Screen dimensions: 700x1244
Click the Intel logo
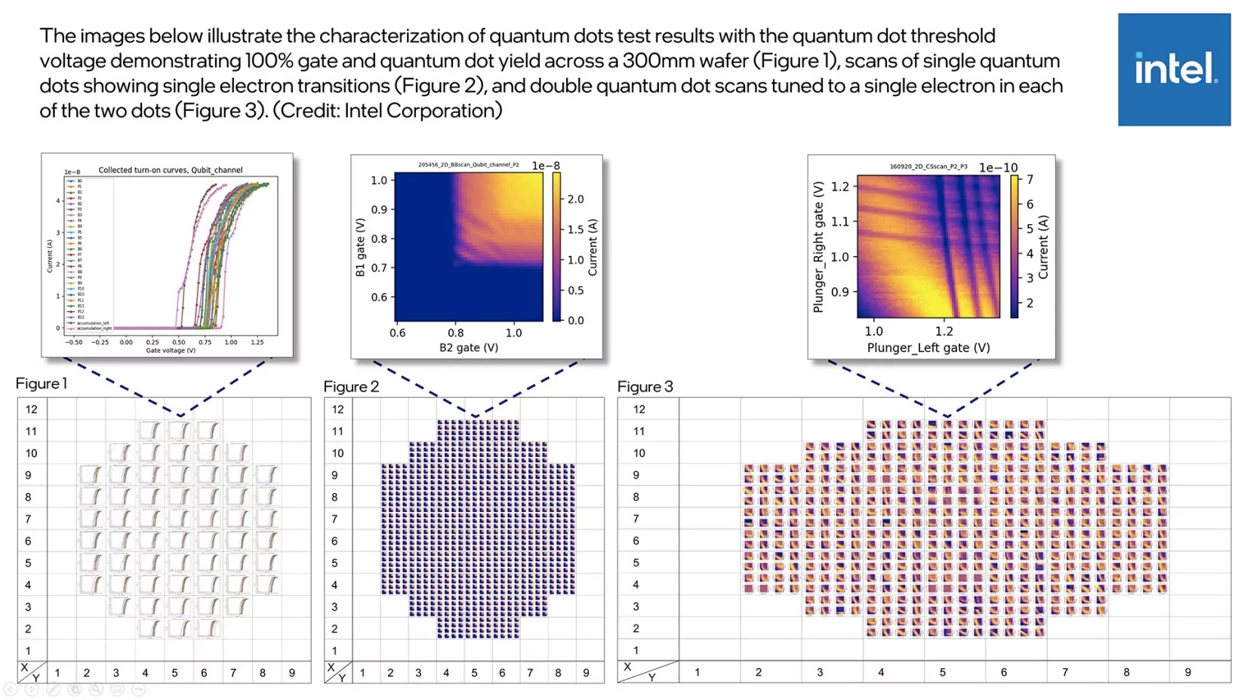click(1174, 69)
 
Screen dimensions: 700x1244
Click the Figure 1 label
click(42, 384)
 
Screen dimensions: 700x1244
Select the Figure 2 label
click(351, 387)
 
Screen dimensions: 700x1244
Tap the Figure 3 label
click(645, 387)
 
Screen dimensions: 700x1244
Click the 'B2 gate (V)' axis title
click(469, 347)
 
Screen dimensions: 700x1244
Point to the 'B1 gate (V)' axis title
click(360, 247)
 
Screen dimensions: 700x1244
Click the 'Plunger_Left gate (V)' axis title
click(928, 347)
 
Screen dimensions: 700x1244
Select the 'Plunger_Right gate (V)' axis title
click(818, 247)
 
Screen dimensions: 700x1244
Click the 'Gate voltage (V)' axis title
click(171, 350)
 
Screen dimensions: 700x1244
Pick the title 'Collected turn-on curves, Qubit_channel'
click(171, 170)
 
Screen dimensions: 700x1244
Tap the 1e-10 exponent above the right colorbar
click(998, 167)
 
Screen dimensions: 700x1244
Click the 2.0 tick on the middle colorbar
click(575, 199)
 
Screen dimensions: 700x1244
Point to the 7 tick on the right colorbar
click(1030, 180)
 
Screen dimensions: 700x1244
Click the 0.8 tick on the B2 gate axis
click(456, 332)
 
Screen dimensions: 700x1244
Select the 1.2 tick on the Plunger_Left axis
click(944, 331)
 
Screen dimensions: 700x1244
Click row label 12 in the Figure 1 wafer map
click(31, 409)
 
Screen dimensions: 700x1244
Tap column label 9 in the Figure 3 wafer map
click(1187, 672)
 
